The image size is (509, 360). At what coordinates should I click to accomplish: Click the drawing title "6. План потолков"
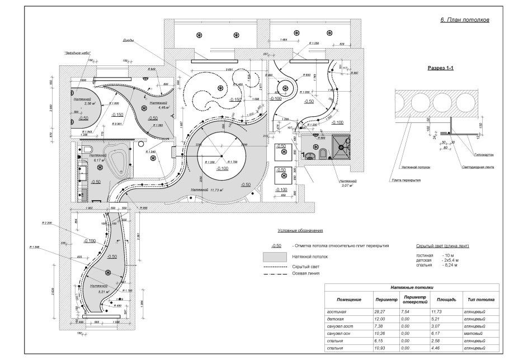click(465, 20)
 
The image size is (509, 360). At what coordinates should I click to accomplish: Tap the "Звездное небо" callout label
click(77, 53)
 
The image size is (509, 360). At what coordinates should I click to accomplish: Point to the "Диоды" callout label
click(128, 40)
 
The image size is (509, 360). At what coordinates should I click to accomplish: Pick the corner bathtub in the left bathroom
click(117, 161)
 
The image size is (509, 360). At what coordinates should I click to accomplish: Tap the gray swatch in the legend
click(274, 257)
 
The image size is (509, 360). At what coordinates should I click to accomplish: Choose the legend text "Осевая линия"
click(304, 274)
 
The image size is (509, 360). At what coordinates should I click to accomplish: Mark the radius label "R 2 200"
click(46, 222)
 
